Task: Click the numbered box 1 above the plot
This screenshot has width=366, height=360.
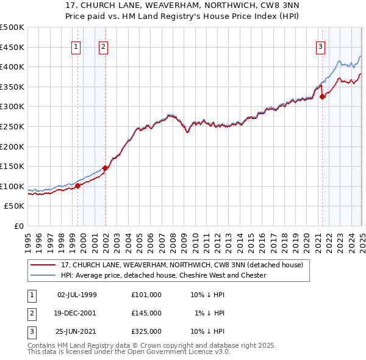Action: (76, 46)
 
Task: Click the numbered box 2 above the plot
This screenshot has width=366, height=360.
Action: (104, 46)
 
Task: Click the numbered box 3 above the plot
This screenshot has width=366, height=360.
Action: (320, 46)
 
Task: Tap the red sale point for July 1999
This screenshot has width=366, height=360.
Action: (77, 185)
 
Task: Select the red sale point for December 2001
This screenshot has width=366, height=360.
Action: (105, 168)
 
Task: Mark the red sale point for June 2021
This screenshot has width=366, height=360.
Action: (322, 96)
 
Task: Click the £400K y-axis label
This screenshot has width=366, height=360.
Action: (12, 67)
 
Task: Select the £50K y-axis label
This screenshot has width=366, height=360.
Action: (15, 206)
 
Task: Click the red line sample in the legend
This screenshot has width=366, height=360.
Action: (43, 265)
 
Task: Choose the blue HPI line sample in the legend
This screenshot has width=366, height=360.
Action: (43, 275)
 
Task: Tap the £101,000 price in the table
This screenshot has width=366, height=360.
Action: (146, 295)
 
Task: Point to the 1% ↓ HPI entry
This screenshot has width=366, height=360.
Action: (210, 313)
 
